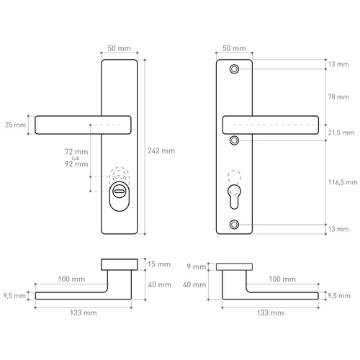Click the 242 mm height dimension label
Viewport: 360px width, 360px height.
coord(161,151)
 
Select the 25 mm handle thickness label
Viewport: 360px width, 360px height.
coord(14,125)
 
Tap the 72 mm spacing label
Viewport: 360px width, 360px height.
coord(76,152)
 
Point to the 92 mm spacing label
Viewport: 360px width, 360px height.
coord(76,164)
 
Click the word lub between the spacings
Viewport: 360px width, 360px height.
coord(84,158)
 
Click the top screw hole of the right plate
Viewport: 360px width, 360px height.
coord(235,69)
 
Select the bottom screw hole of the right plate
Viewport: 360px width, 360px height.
coord(235,225)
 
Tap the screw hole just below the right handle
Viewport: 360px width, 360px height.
coord(235,140)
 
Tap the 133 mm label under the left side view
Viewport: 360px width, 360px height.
coord(84,313)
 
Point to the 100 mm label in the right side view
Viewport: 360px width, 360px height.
coord(282,279)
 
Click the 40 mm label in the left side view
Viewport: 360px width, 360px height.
coord(160,284)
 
